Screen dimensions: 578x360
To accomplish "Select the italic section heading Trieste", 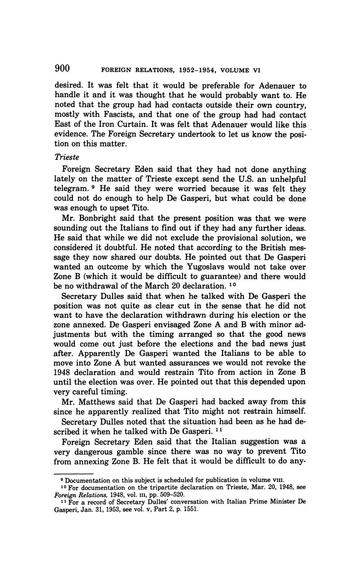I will tap(65, 156).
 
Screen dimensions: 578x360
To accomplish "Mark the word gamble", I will tap(132, 452).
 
